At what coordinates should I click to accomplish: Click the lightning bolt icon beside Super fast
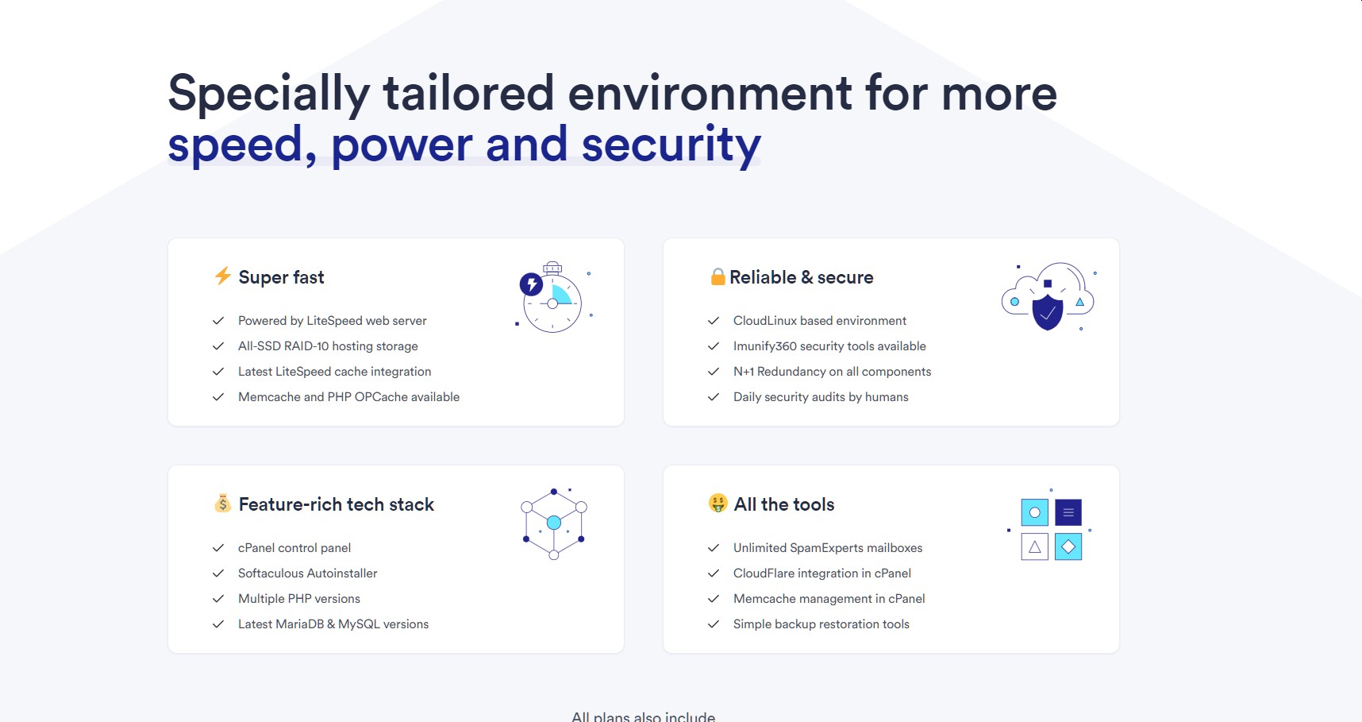point(223,276)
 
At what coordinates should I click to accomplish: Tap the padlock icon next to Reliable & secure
point(718,276)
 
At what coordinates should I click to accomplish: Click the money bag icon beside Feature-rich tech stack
point(223,503)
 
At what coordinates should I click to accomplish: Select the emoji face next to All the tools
point(718,503)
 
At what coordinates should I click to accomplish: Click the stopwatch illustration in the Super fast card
point(552,298)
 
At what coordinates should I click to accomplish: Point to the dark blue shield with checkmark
point(1048,312)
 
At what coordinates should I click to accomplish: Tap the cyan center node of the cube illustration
point(554,523)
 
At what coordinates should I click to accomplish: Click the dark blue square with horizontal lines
point(1068,512)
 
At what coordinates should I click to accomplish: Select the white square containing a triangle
point(1034,546)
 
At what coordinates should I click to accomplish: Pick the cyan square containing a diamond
point(1068,546)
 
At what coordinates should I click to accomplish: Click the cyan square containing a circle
point(1034,512)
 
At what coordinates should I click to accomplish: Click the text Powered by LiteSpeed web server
point(333,321)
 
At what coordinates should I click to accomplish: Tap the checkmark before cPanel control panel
point(218,548)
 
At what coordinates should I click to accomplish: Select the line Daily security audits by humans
point(821,397)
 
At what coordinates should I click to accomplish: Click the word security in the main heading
point(671,145)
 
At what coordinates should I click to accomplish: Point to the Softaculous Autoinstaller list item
point(308,573)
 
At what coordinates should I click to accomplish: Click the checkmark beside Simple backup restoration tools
point(714,624)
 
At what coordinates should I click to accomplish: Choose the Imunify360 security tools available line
point(829,346)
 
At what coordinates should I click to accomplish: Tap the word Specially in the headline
point(269,94)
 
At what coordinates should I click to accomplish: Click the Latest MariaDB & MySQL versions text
point(333,624)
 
